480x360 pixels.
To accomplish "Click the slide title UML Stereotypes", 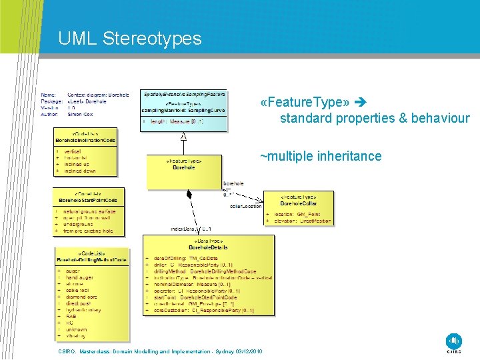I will pyautogui.click(x=129, y=39).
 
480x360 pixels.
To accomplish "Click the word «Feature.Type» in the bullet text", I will pyautogui.click(x=305, y=103).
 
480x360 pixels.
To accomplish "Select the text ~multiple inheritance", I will pyautogui.click(x=320, y=156).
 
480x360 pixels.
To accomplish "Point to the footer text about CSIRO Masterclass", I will pyautogui.click(x=160, y=351).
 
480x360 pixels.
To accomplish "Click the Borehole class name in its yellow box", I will pyautogui.click(x=184, y=167).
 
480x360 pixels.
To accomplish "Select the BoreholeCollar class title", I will pyautogui.click(x=298, y=203).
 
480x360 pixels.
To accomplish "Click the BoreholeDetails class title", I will pyautogui.click(x=208, y=247).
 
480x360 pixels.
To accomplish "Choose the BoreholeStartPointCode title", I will pyautogui.click(x=87, y=200).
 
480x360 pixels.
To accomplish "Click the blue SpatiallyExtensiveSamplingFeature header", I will pyautogui.click(x=185, y=95).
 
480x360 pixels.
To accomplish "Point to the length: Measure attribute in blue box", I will pyautogui.click(x=175, y=121).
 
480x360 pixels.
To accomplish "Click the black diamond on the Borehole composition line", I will pyautogui.click(x=189, y=194).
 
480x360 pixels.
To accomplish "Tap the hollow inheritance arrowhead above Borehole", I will pyautogui.click(x=184, y=137).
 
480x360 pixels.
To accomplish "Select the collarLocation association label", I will pyautogui.click(x=245, y=207).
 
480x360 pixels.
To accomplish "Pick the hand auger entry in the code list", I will pyautogui.click(x=77, y=277).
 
